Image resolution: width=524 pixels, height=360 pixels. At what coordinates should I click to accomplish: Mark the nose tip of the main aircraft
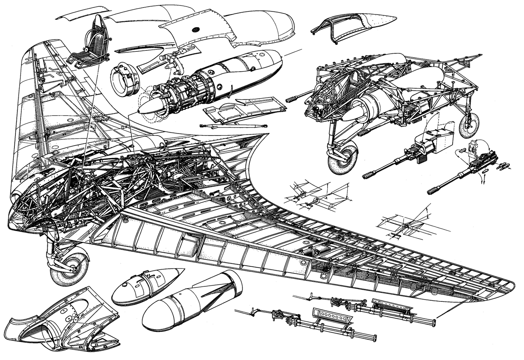pos(9,226)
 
